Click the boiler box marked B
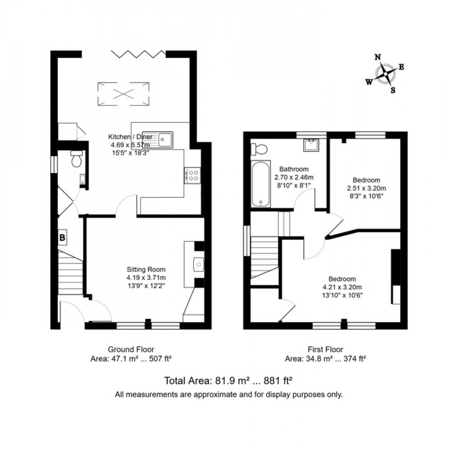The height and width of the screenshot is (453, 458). [63, 237]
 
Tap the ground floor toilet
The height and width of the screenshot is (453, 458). [76, 159]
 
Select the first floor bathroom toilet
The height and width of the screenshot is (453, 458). [259, 148]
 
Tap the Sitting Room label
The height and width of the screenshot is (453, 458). [146, 270]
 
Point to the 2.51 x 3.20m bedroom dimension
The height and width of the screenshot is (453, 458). [366, 188]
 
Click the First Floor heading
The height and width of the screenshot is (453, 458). [326, 349]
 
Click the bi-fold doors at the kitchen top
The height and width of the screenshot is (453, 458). [137, 55]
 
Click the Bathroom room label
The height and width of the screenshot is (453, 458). [294, 169]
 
